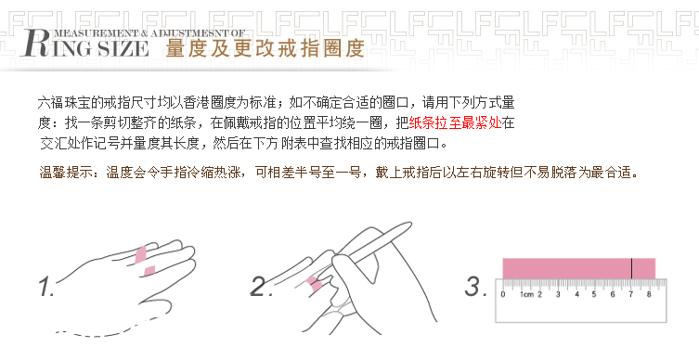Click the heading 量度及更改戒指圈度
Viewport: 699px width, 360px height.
[265, 47]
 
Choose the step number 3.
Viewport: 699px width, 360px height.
[475, 286]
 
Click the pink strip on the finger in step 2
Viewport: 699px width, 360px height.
[315, 283]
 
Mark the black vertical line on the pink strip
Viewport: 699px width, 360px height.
[631, 268]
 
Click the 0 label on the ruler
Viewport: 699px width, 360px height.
[502, 295]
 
